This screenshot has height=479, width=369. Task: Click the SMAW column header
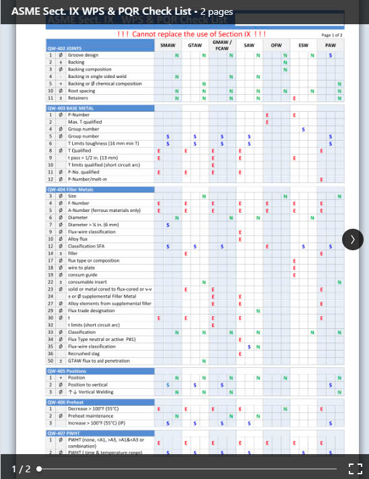[168, 45]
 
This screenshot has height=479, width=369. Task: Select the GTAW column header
[195, 45]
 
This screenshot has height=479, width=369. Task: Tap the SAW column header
[249, 45]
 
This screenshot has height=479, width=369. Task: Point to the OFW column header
[276, 45]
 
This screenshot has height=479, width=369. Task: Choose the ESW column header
[303, 45]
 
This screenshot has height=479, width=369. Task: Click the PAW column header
[330, 45]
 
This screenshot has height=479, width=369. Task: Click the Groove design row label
[83, 55]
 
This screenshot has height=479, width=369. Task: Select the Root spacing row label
[81, 91]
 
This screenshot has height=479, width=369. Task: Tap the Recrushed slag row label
[83, 353]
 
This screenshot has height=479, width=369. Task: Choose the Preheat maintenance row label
[90, 416]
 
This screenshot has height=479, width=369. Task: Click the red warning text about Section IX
[191, 34]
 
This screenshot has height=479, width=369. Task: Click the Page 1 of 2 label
[332, 35]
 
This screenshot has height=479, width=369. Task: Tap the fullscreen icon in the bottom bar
[355, 469]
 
